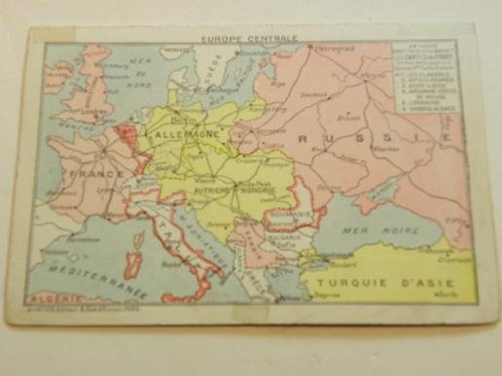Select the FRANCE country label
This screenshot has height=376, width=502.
[x=95, y=174]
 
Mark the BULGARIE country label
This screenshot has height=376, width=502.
[x=288, y=238]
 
